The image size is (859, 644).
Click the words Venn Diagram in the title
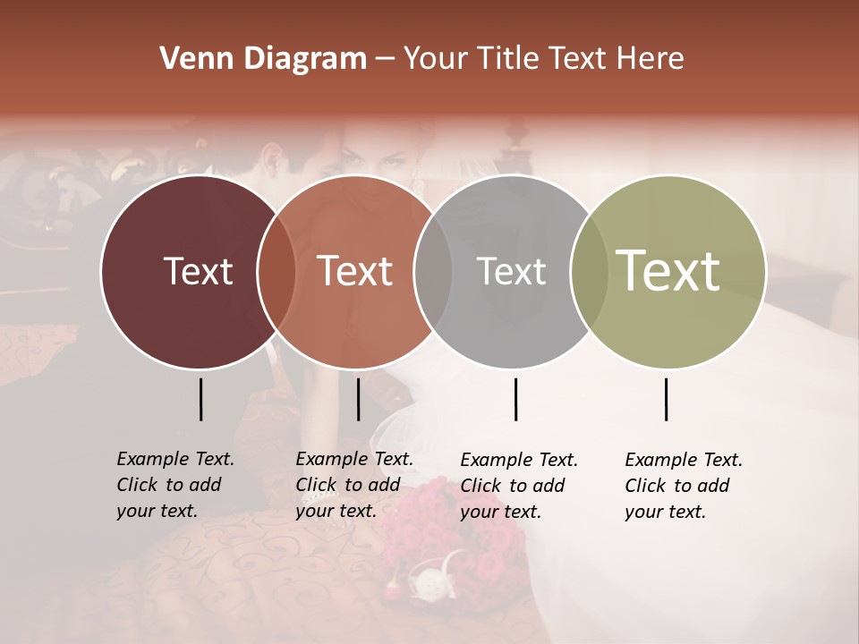263,59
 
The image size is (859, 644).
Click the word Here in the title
650,59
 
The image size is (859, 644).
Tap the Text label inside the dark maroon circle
198,271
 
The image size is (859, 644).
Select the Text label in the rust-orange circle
355,271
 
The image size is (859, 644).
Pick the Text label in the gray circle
511,271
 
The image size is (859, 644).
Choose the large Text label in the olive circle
668,270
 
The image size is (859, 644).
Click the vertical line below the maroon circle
200,399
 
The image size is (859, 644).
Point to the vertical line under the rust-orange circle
358,399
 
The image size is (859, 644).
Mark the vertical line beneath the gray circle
515,399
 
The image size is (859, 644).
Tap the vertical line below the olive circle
666,399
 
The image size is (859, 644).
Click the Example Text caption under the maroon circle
175,485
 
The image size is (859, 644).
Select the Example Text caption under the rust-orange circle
354,485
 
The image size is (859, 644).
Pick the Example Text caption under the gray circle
519,486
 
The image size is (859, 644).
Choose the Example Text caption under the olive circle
684,486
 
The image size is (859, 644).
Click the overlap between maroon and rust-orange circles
276,271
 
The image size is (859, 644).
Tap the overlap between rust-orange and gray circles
433,271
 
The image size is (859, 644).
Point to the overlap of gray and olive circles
589,271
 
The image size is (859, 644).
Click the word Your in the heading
436,59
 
